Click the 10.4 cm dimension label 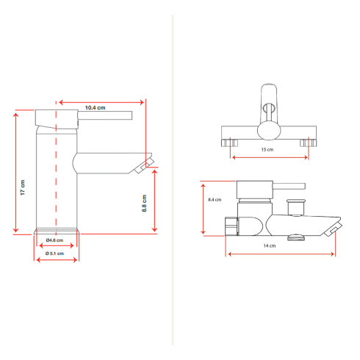tap(96, 108)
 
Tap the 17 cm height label tap(23, 187)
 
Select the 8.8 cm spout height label tap(145, 204)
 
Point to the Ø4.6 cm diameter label tap(54, 240)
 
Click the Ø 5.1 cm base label tap(54, 253)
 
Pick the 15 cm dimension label tap(267, 149)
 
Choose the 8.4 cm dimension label tap(215, 200)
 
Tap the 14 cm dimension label tap(270, 245)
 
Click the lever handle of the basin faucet tap(105, 115)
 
